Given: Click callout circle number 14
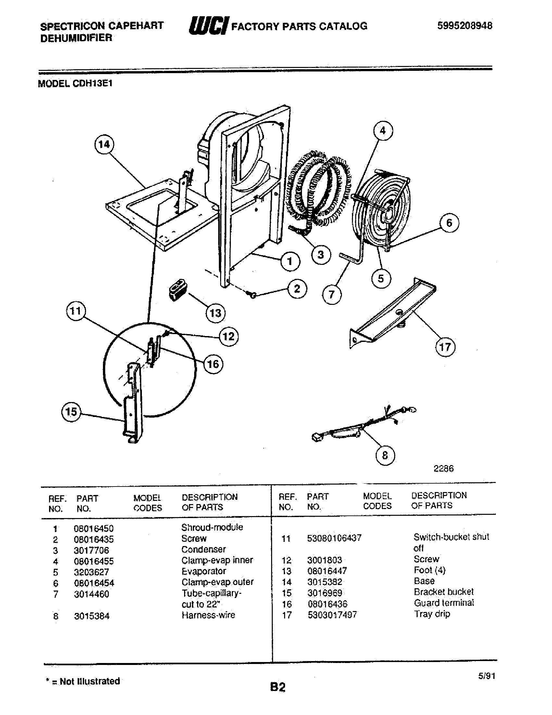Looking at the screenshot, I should coord(104,144).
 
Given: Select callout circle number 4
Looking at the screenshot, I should coord(383,131).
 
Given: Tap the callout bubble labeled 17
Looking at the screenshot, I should coord(445,347).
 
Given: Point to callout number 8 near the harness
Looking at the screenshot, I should coord(385,455).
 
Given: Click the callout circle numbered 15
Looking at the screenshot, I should coord(71,412).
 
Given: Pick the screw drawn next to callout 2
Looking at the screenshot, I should coord(253,295).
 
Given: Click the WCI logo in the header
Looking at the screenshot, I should coord(209,26).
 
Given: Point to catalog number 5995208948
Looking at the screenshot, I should coord(464,26).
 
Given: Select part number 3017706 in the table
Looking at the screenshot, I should coord(91,550).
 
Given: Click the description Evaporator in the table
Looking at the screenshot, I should coord(204,571).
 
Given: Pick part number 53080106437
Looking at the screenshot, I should coord(334,538).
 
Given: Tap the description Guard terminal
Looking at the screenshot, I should coord(444,603).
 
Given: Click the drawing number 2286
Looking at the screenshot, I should coord(444,468).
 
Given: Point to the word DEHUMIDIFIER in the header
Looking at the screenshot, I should coord(76,38).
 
